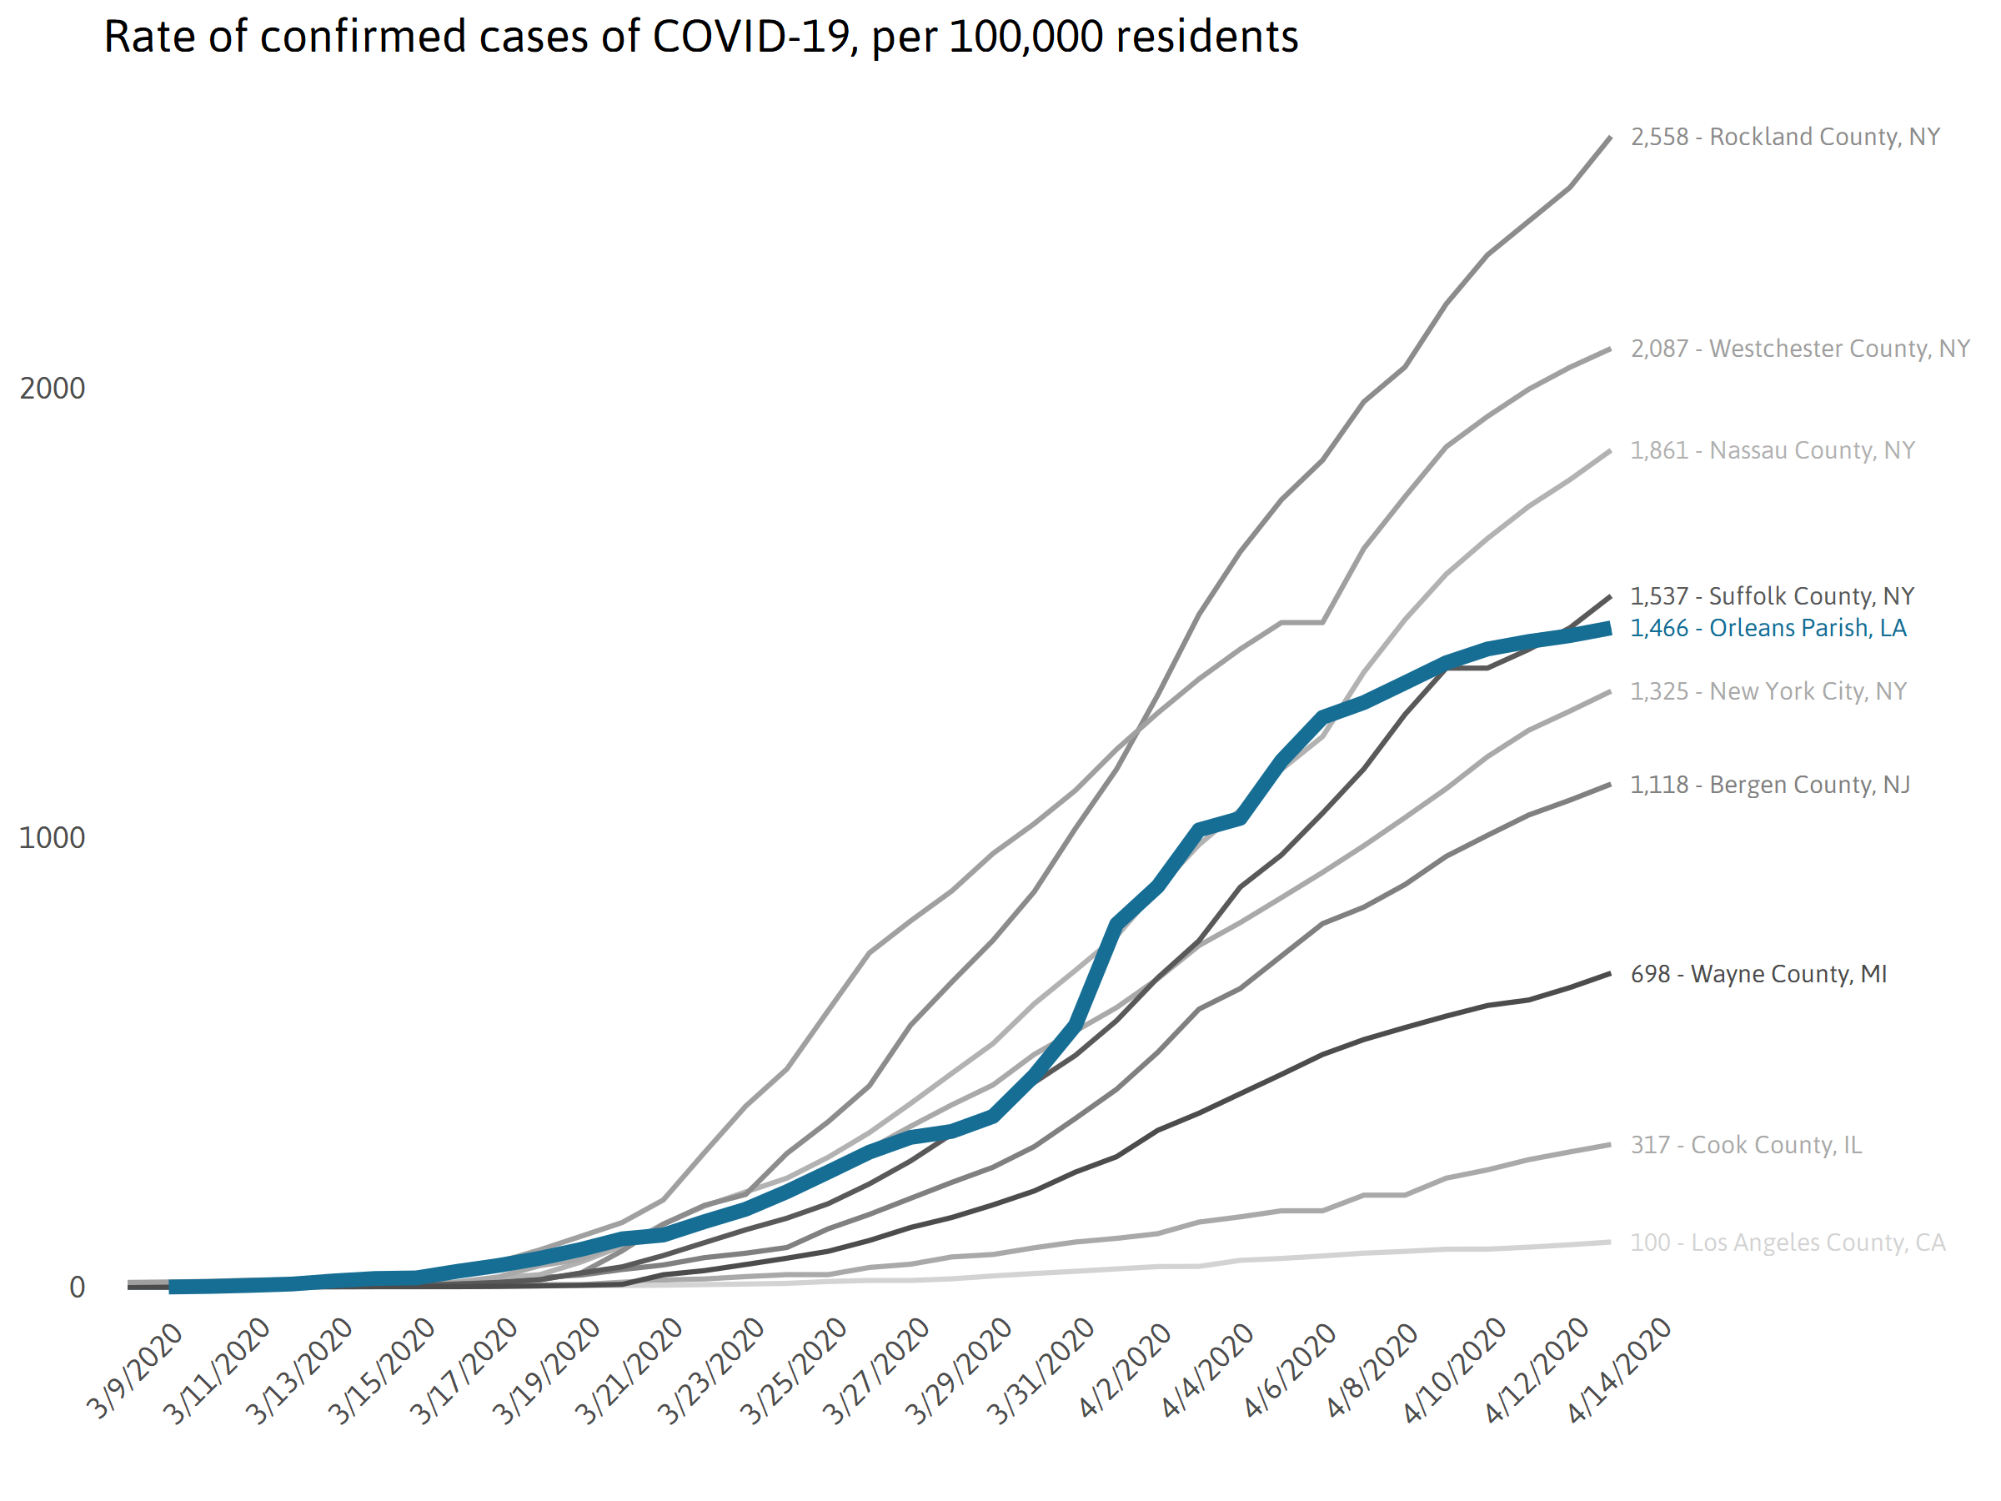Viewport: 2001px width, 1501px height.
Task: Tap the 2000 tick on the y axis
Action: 53,388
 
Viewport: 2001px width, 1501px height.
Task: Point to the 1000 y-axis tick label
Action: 53,838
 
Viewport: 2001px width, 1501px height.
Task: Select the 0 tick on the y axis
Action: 77,1287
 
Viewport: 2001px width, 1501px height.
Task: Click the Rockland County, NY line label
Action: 1784,137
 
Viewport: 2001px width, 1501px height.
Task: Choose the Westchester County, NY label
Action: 1799,349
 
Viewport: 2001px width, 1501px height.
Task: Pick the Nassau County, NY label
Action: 1771,450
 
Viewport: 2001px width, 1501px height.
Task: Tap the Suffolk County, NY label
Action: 1771,596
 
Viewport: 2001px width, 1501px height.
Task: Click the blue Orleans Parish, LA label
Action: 1768,628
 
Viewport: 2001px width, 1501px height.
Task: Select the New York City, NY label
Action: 1768,691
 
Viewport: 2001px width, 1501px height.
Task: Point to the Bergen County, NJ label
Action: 1769,785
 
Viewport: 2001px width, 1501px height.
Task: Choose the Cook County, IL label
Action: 1746,1145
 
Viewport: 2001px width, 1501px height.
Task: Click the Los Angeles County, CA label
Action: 1787,1242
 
